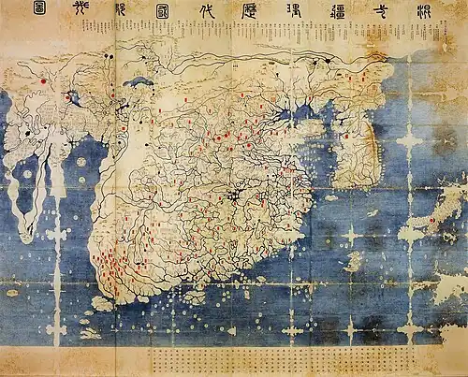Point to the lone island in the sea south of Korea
point(354,261)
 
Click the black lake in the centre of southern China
point(233,196)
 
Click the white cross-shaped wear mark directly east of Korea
point(409,141)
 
